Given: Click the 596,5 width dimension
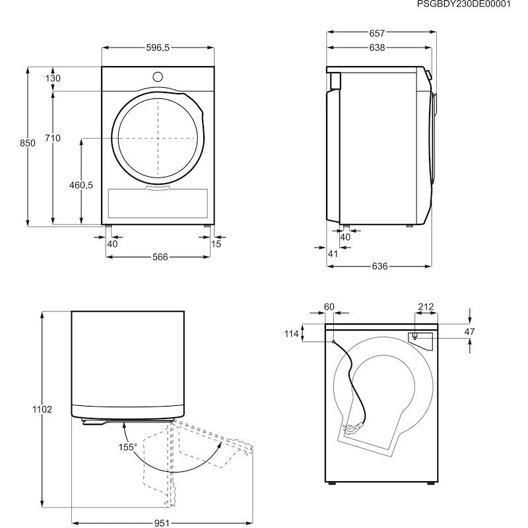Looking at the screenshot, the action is pyautogui.click(x=158, y=48).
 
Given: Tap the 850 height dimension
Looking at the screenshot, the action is pyautogui.click(x=27, y=143).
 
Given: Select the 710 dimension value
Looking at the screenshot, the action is pyautogui.click(x=53, y=138).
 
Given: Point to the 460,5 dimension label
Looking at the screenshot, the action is pyautogui.click(x=81, y=185).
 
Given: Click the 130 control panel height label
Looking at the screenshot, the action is pyautogui.click(x=53, y=78).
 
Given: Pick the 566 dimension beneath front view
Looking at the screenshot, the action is pyautogui.click(x=160, y=257).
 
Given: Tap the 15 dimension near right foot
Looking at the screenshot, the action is pyautogui.click(x=216, y=244).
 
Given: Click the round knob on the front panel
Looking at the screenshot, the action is pyautogui.click(x=158, y=77).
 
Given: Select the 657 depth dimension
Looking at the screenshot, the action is pyautogui.click(x=377, y=34).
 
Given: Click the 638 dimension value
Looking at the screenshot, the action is pyautogui.click(x=377, y=48).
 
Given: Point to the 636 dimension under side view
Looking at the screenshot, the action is pyautogui.click(x=379, y=267).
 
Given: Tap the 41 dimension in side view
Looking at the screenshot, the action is pyautogui.click(x=333, y=253).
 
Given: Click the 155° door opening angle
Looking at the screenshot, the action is pyautogui.click(x=127, y=447).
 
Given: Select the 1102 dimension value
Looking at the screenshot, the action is pyautogui.click(x=42, y=409).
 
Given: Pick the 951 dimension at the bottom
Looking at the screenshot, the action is pyautogui.click(x=162, y=523).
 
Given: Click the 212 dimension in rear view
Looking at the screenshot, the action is pyautogui.click(x=426, y=307).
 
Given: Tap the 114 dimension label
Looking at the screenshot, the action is pyautogui.click(x=291, y=334).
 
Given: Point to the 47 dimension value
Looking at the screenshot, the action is pyautogui.click(x=469, y=332).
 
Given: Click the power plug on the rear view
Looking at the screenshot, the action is pyautogui.click(x=353, y=428).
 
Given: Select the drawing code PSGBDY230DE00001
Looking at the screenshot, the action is pyautogui.click(x=464, y=4).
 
